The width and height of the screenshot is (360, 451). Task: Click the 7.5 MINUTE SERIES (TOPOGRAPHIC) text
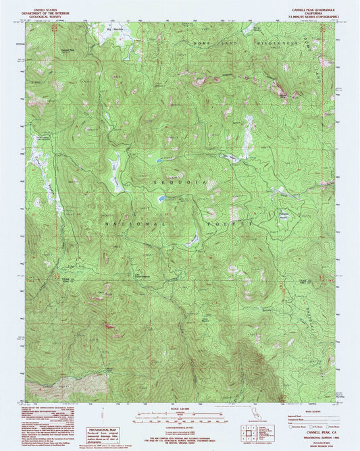pos(315,11)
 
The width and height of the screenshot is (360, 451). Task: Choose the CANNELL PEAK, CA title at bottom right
pos(316,432)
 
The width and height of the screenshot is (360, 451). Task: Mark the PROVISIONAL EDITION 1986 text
pos(316,437)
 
